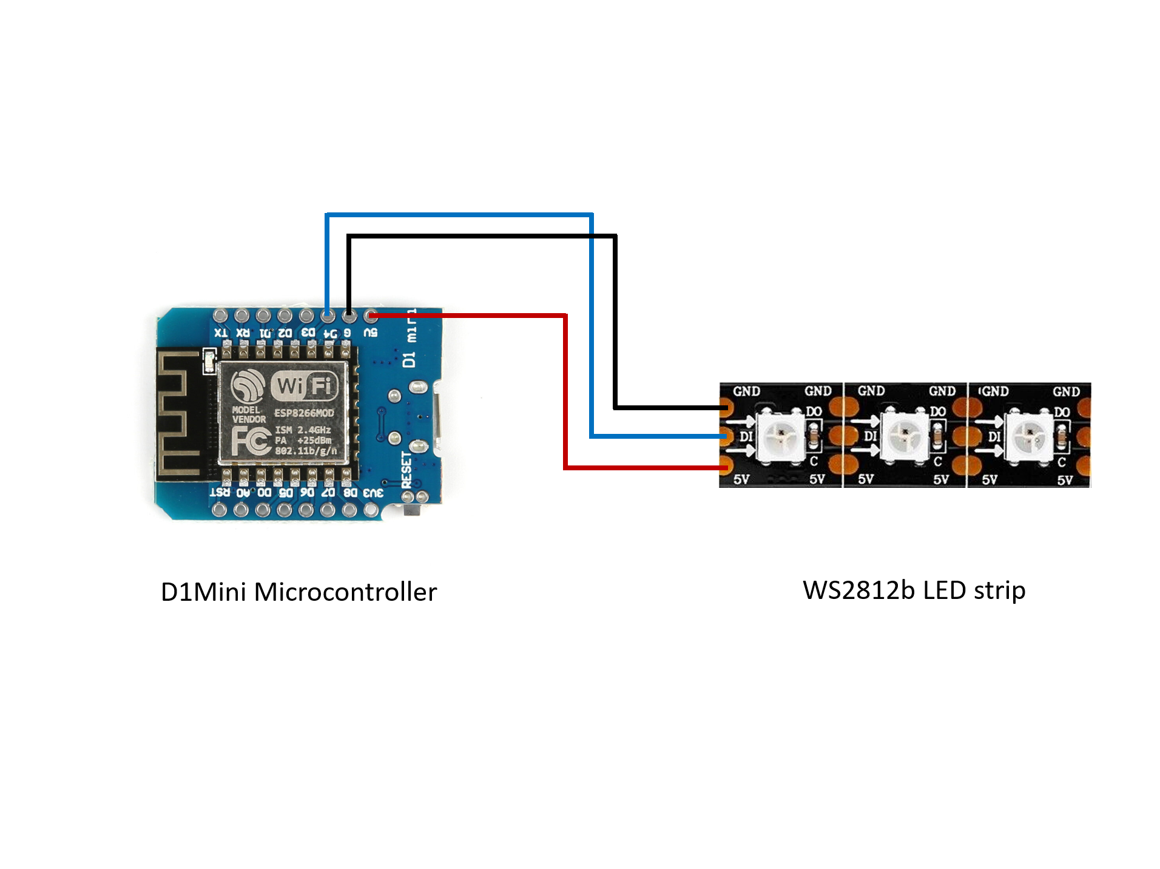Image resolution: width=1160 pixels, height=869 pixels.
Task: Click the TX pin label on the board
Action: point(221,333)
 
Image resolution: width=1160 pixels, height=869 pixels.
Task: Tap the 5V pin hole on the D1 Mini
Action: point(371,316)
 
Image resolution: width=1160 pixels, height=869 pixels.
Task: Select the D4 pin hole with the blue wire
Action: point(328,316)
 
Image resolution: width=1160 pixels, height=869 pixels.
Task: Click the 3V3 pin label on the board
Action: point(373,493)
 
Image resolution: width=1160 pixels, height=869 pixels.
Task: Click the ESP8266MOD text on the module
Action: point(304,413)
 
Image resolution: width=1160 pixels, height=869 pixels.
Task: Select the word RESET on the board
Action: point(406,469)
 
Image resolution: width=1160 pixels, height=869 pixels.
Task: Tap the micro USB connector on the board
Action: point(436,419)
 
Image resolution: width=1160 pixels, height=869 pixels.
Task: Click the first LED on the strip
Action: point(781,436)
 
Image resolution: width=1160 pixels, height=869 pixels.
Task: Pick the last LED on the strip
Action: point(1029,436)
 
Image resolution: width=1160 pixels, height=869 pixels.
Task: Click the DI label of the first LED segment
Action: point(746,436)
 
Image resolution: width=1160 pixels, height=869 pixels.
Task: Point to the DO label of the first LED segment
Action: point(814,411)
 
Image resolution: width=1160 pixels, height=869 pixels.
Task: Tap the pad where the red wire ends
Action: point(725,467)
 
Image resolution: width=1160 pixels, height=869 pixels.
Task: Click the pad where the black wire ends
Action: point(725,408)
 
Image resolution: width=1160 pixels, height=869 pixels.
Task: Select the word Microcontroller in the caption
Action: point(345,592)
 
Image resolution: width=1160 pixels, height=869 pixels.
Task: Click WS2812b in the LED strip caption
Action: point(858,590)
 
